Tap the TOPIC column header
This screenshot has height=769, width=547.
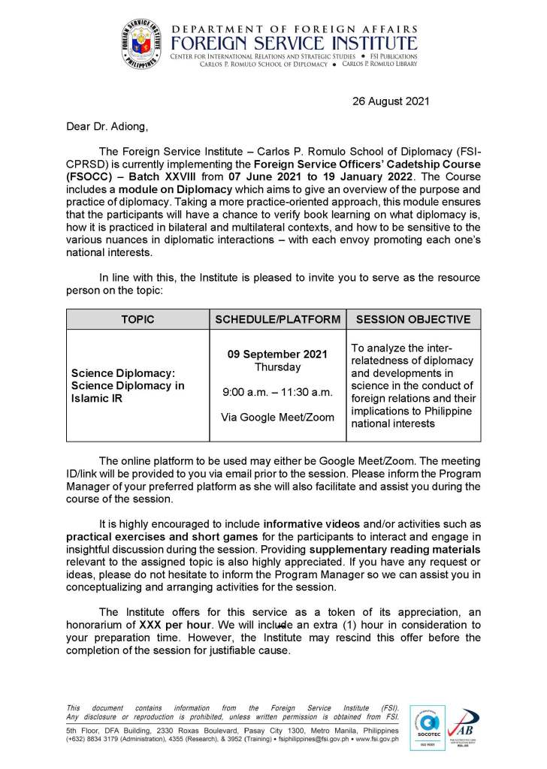(x=138, y=319)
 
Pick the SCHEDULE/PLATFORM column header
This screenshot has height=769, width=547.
(x=277, y=319)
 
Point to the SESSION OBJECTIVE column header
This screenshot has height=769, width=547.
(x=413, y=319)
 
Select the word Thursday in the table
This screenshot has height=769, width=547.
(x=277, y=367)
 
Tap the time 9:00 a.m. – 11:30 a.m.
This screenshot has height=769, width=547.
(x=277, y=392)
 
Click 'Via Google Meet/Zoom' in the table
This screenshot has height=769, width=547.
(x=277, y=417)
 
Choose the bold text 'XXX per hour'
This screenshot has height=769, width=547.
(x=174, y=624)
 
